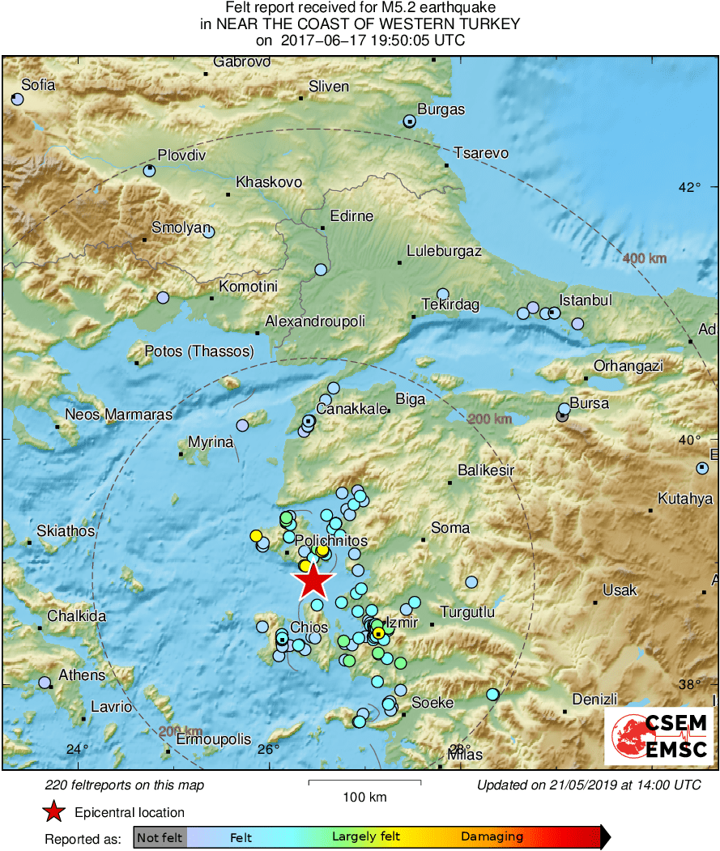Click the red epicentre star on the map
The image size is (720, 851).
313,581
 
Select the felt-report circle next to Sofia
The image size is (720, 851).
18,100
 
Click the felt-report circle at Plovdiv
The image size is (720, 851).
149,171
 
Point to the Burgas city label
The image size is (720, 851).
441,109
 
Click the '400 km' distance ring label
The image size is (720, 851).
645,259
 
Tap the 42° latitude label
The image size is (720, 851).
690,187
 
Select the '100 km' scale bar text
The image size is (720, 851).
364,798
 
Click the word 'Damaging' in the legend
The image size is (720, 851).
492,836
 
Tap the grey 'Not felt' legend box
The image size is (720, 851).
160,836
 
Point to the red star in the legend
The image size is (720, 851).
53,812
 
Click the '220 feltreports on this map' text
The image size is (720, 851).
125,785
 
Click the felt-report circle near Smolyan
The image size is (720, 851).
208,232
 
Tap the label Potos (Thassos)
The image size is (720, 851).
199,351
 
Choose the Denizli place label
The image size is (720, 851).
594,699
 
